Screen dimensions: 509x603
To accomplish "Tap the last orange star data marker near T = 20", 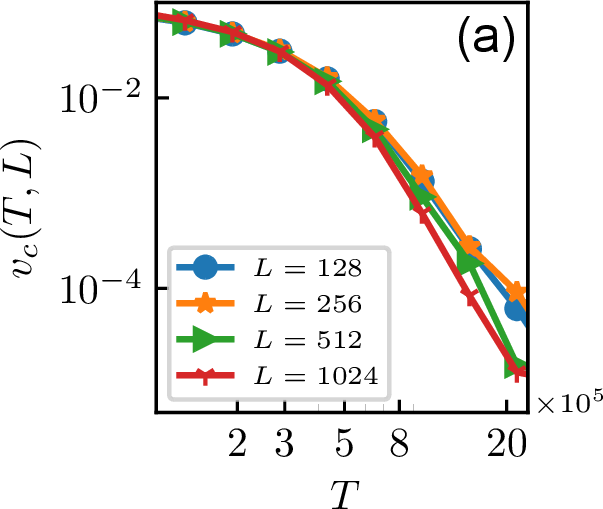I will point(516,293).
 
